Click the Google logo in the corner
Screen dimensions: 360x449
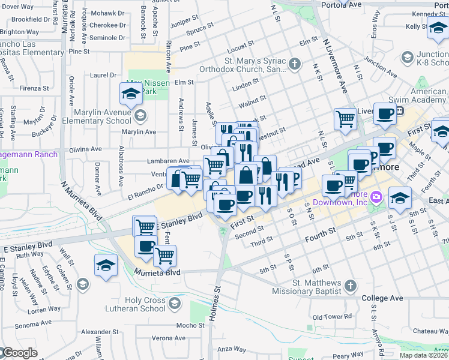(19, 353)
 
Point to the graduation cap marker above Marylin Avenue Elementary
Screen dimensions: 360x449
(130, 93)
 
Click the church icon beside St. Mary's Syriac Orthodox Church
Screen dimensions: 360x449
(294, 64)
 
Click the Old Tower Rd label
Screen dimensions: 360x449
(332, 316)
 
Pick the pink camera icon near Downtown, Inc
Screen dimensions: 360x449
(376, 196)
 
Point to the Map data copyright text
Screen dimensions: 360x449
(423, 355)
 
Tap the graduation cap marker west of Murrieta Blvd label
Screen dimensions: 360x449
(106, 265)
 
